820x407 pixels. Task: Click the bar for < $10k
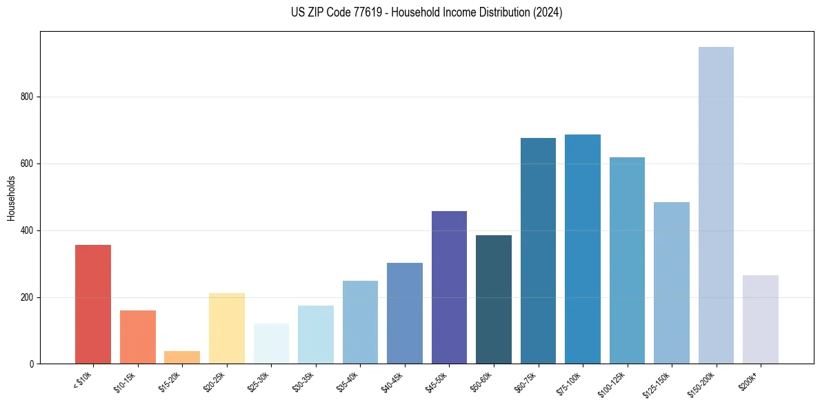(x=92, y=304)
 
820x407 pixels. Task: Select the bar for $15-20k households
(x=182, y=357)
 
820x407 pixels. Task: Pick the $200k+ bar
(x=761, y=319)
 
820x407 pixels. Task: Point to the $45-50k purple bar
(x=449, y=287)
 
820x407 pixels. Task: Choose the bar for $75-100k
(x=583, y=249)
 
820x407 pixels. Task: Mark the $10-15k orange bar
(x=137, y=337)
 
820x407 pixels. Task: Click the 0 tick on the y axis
(x=32, y=364)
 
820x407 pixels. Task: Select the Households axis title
(x=11, y=198)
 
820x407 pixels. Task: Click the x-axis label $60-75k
(x=526, y=382)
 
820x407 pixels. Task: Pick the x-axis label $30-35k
(x=303, y=382)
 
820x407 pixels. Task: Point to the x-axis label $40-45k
(x=392, y=382)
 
